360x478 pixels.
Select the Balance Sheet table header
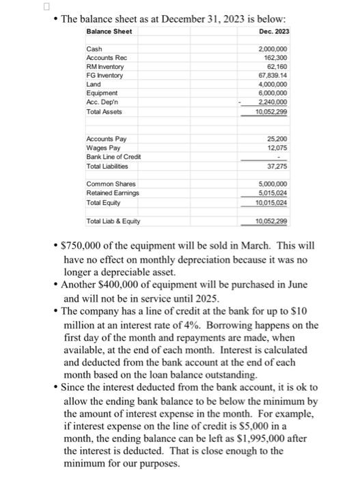tap(109, 32)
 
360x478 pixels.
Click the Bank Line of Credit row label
tap(113, 157)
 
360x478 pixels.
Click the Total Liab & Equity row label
tap(113, 221)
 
